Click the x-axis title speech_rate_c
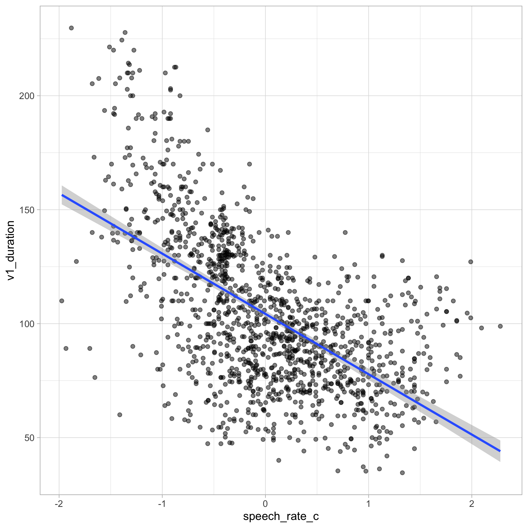pyautogui.click(x=281, y=516)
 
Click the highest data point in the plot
pyautogui.click(x=71, y=28)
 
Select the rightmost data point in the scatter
pyautogui.click(x=500, y=326)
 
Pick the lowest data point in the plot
pyautogui.click(x=402, y=473)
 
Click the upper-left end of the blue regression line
pyautogui.click(x=62, y=195)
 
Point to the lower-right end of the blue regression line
pyautogui.click(x=500, y=451)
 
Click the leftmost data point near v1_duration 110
pyautogui.click(x=62, y=301)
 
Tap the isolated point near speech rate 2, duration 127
pyautogui.click(x=471, y=262)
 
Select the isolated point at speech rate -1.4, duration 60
pyautogui.click(x=119, y=415)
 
